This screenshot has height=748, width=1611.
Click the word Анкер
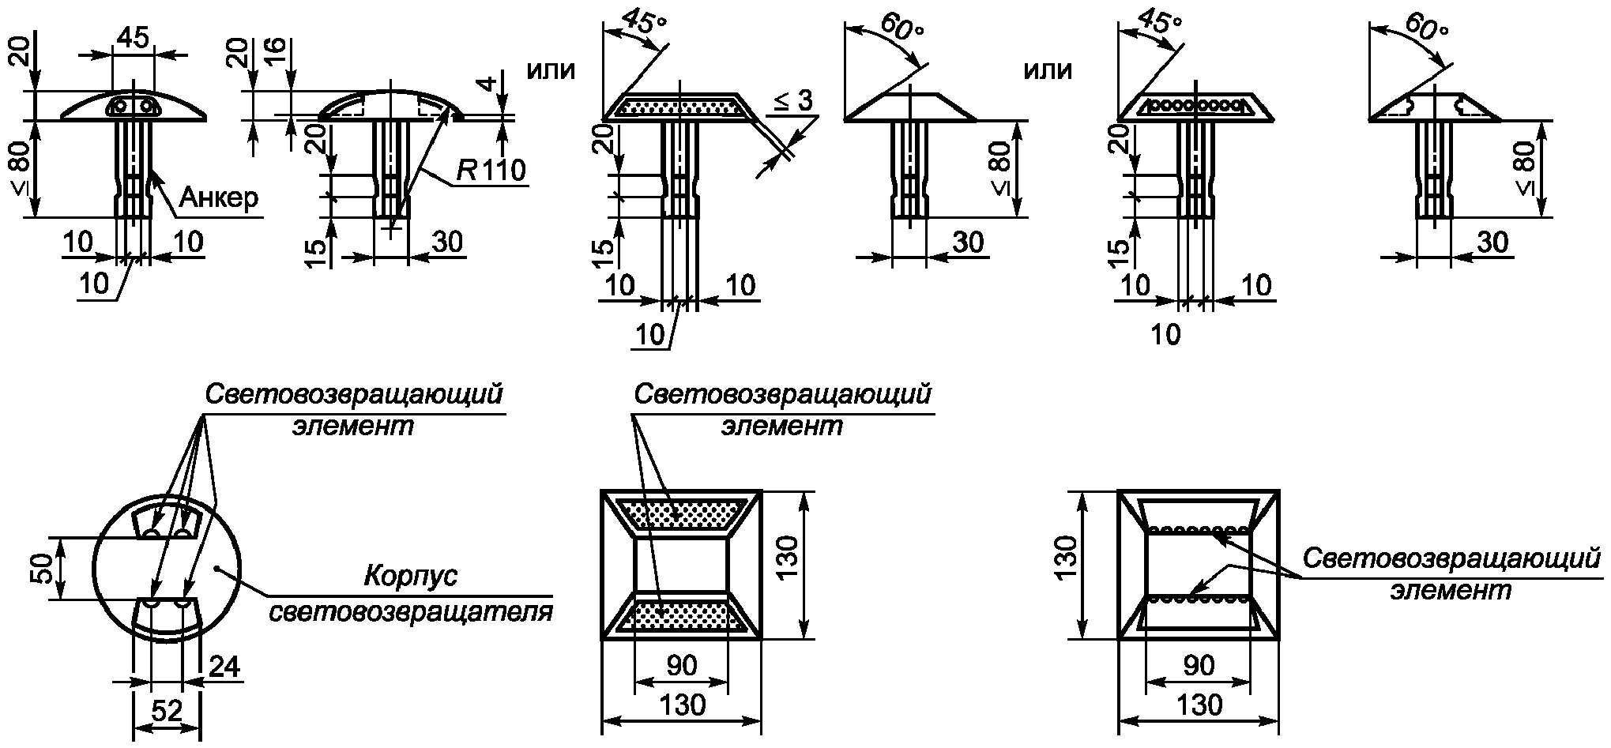coord(219,198)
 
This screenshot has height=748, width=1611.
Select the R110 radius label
coord(491,169)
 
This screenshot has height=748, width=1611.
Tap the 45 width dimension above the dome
coord(133,39)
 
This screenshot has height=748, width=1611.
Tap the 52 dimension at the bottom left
coord(166,711)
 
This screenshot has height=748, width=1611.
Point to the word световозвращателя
coord(411,612)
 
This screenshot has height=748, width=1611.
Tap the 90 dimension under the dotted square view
coord(682,666)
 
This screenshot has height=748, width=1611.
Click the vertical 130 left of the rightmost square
coord(1067,564)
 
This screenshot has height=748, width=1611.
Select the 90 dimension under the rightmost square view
coord(1199,666)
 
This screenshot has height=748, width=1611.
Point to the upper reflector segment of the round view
coord(167,521)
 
